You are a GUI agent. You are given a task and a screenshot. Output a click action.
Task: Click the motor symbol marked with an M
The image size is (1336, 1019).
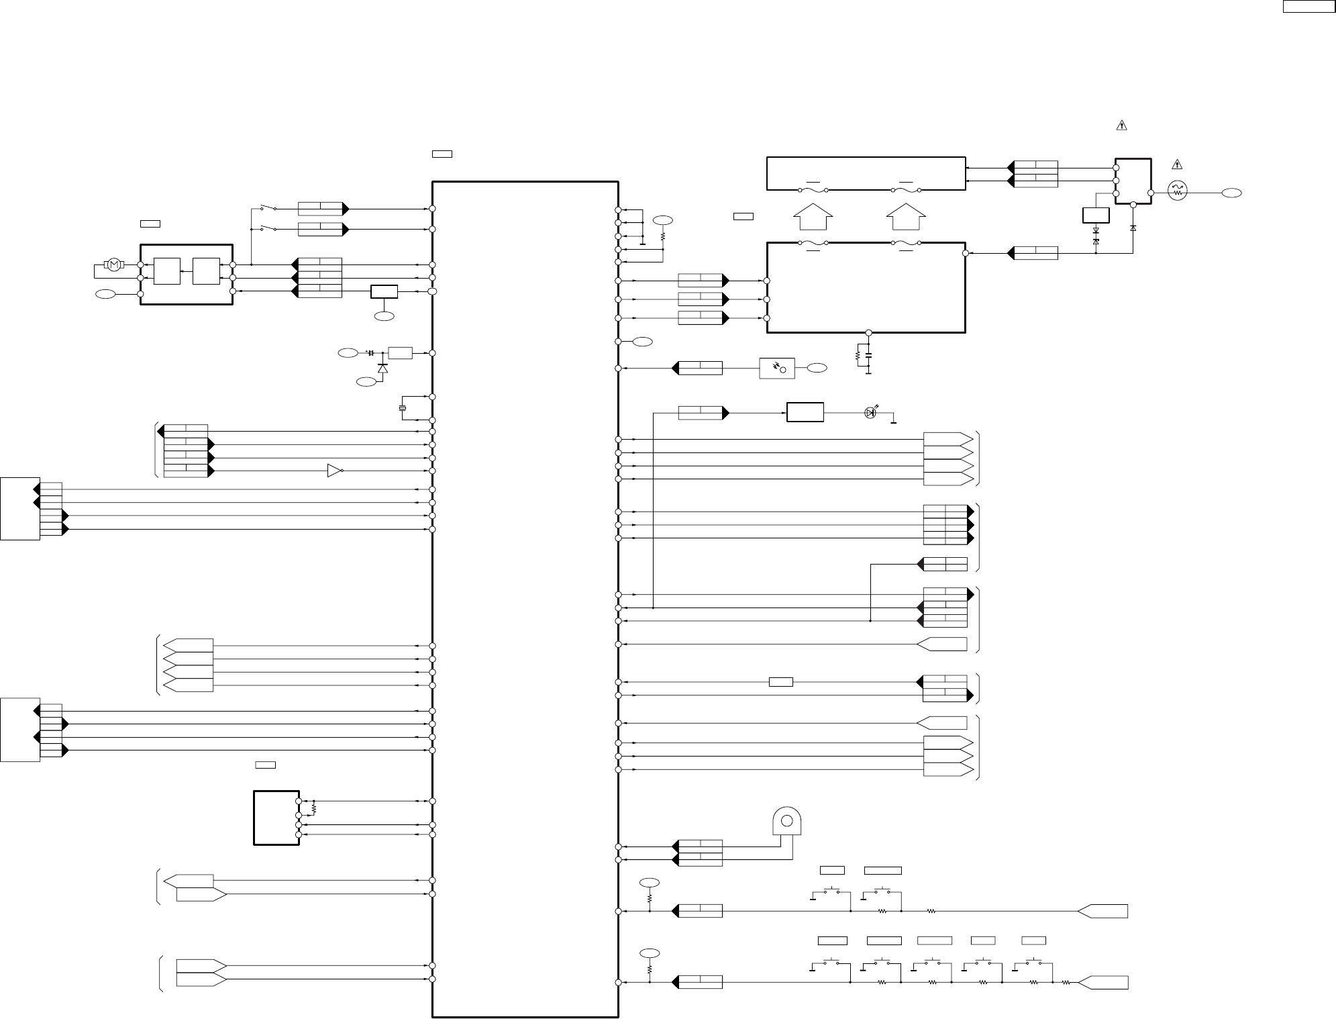[114, 264]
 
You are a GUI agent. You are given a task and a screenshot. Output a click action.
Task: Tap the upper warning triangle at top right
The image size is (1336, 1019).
[1121, 125]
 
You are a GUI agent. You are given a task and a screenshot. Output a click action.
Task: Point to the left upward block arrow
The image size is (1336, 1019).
[813, 218]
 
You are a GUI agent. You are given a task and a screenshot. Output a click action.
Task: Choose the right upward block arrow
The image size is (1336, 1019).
[906, 218]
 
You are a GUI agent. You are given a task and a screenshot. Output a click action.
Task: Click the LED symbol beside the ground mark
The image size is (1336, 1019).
[870, 412]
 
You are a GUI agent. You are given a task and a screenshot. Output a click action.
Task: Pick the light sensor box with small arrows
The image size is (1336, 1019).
[776, 369]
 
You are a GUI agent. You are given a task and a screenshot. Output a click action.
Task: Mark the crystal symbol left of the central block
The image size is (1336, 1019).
[402, 408]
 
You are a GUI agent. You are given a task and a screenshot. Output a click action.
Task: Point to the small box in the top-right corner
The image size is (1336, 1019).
[1309, 7]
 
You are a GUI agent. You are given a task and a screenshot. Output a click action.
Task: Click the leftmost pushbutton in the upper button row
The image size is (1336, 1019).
[831, 893]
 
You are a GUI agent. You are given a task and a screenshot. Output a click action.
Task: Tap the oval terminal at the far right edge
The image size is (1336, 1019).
[1231, 193]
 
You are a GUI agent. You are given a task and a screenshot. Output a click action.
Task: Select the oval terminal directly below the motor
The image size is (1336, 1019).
[105, 293]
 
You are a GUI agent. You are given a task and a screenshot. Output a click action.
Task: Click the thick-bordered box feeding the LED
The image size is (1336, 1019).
[805, 412]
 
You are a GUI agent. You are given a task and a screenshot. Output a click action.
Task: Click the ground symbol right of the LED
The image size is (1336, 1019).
[894, 420]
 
